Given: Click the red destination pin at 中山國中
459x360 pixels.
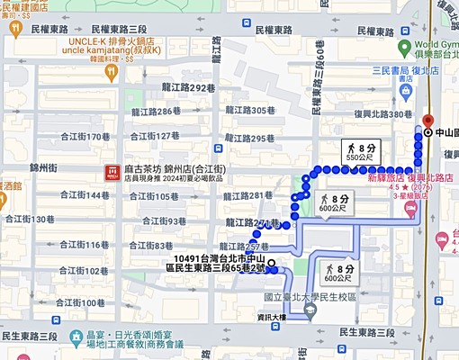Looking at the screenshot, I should pyautogui.click(x=427, y=122).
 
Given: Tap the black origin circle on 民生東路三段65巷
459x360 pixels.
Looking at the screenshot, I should pyautogui.click(x=271, y=264).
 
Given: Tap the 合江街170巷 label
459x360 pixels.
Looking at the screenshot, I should pyautogui.click(x=85, y=137).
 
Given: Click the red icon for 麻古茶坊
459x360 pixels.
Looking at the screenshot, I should pyautogui.click(x=112, y=171).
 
